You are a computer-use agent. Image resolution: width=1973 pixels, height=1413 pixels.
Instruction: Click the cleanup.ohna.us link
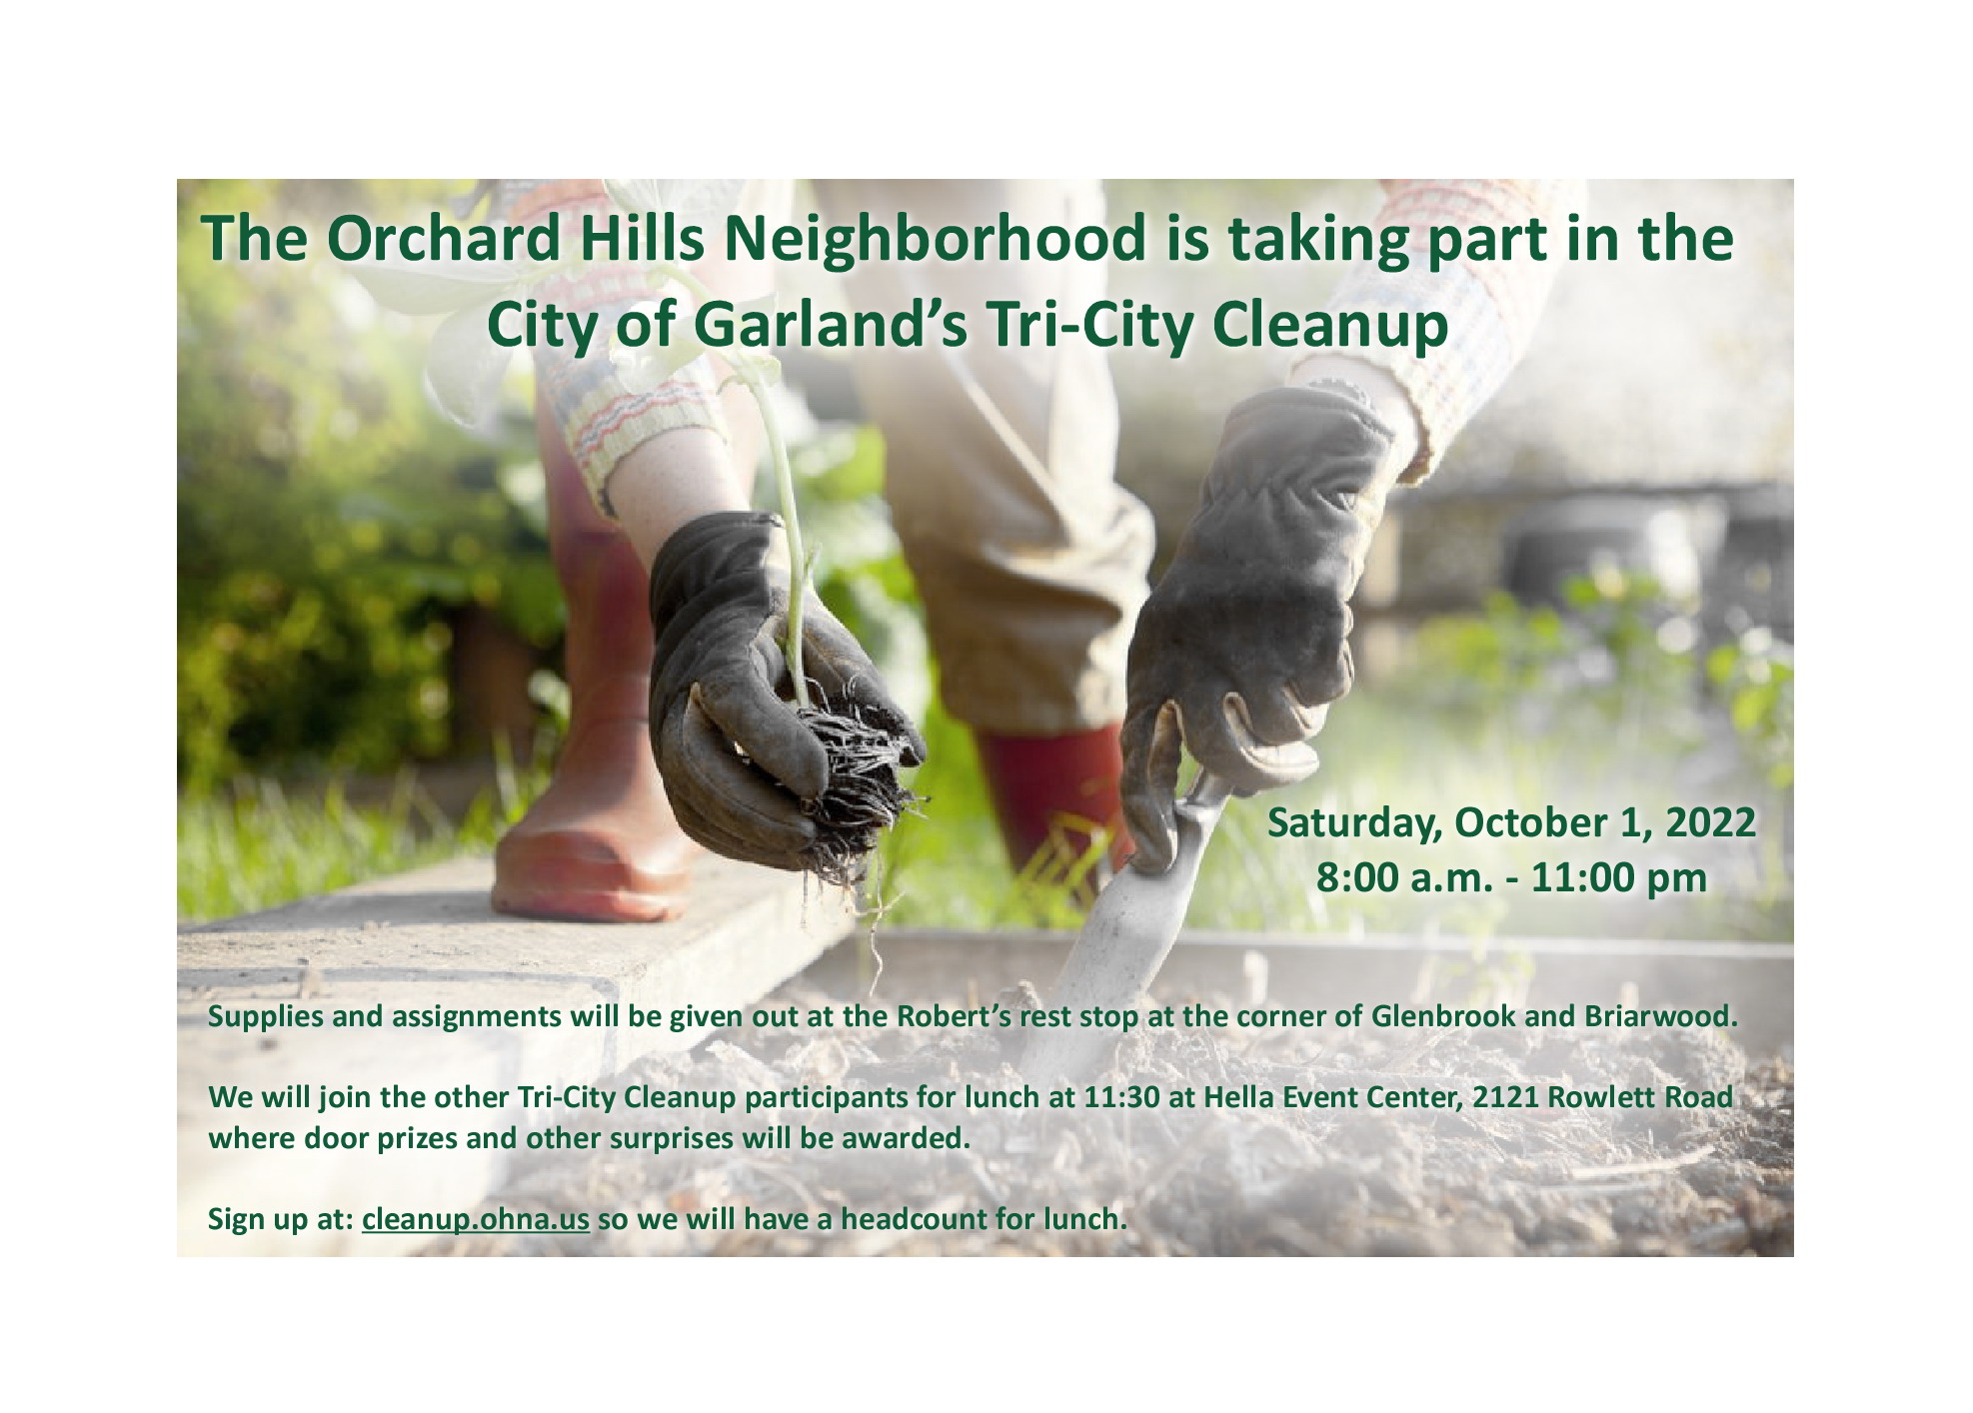click(476, 1219)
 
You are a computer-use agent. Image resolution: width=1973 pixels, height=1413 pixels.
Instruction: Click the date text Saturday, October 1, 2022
click(1511, 822)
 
